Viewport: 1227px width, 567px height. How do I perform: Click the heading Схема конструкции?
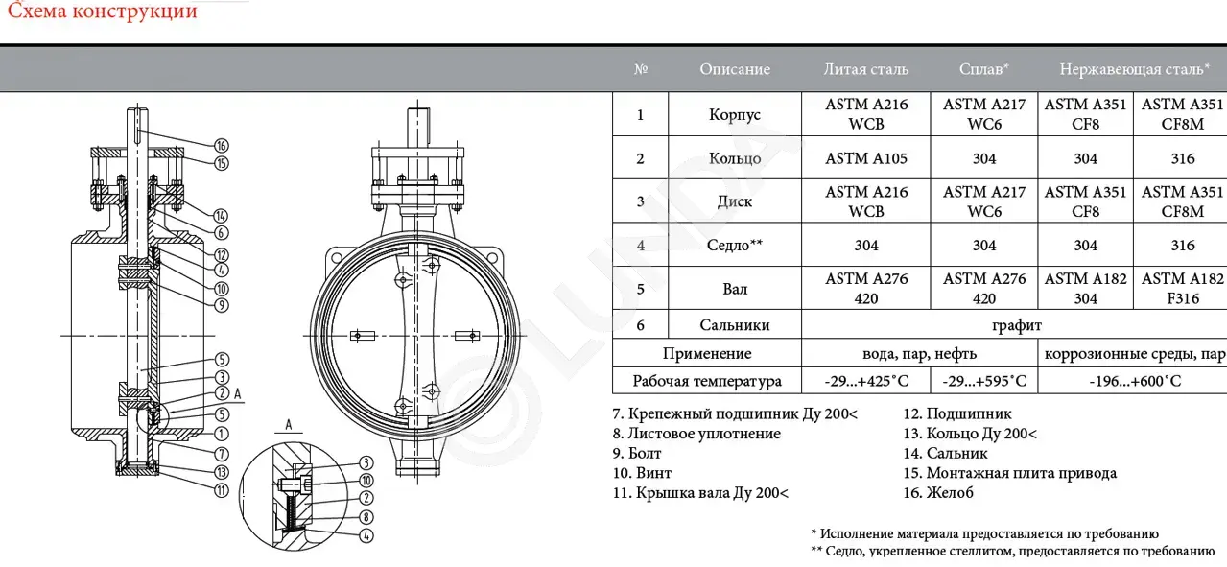point(103,10)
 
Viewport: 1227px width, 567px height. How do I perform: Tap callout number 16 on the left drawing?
point(222,146)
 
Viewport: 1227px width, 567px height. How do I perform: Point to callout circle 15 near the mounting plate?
point(222,163)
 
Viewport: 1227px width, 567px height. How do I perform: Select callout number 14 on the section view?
point(221,216)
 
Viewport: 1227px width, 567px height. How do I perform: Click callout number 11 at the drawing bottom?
point(222,490)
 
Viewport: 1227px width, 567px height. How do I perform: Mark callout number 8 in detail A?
point(366,517)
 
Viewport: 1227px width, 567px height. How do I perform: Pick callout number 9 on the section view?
point(222,305)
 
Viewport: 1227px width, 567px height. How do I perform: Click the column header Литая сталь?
point(866,69)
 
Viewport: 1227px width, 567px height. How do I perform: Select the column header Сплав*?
point(983,69)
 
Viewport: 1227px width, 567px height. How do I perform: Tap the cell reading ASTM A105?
point(866,158)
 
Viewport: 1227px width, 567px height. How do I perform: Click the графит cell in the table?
point(1017,325)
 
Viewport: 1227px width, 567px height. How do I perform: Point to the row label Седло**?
point(735,245)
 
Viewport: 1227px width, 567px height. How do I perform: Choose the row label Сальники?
point(735,325)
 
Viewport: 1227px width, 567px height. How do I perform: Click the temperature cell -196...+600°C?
point(1135,381)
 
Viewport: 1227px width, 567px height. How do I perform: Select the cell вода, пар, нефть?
point(920,354)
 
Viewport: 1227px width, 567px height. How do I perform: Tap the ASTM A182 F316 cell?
point(1183,289)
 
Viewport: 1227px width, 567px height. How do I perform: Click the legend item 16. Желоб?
point(938,493)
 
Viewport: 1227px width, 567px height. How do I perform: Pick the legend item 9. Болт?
point(637,454)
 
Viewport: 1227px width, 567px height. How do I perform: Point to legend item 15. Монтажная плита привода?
point(1009,473)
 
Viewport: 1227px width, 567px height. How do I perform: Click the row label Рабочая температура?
point(707,381)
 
